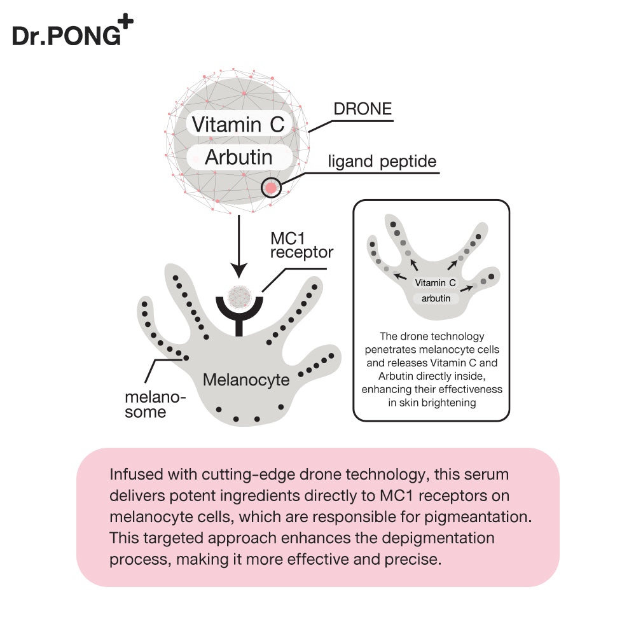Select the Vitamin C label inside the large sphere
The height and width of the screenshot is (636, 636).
tap(238, 124)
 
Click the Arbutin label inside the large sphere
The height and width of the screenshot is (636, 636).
tap(238, 157)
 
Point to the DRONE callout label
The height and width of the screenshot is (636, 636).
tap(363, 109)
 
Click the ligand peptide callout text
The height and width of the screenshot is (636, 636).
tap(382, 162)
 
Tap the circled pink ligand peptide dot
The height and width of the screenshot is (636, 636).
tap(272, 188)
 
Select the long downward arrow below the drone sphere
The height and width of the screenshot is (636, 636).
tap(238, 245)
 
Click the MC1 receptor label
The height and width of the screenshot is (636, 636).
tap(301, 245)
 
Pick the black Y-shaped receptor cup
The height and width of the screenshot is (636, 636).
tap(239, 310)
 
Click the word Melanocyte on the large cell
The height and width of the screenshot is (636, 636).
tap(246, 380)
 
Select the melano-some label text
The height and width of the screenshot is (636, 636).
tap(155, 404)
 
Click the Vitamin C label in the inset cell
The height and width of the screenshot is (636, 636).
tap(436, 283)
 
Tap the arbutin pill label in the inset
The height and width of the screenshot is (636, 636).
tap(436, 298)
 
